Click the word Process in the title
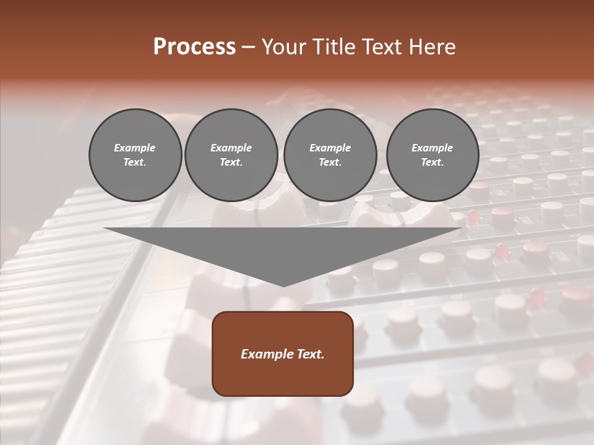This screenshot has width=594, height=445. coord(194,47)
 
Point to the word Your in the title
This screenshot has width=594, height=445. coord(282,47)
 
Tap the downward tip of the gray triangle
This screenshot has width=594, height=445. coord(283,285)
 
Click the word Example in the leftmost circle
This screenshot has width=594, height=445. coord(135,148)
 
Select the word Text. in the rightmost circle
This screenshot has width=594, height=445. coord(433,162)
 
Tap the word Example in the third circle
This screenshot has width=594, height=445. coord(330,148)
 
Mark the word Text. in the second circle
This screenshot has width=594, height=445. coord(231,162)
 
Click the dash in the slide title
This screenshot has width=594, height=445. coord(248,47)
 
